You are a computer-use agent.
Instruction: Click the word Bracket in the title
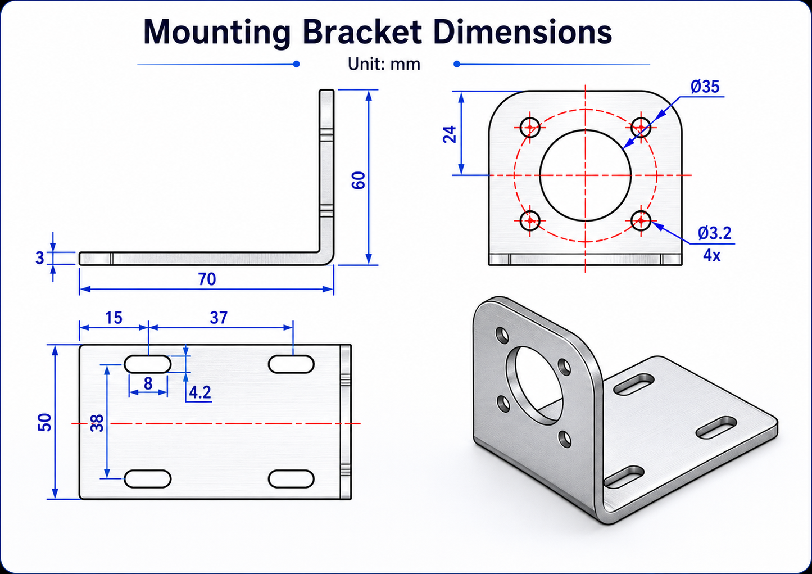tap(362, 32)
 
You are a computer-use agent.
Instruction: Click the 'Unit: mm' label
tap(384, 64)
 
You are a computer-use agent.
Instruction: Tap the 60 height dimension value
tap(359, 180)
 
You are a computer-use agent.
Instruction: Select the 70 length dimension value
tap(207, 279)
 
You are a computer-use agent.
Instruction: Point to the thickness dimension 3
tap(40, 258)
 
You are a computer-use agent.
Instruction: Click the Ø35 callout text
tap(705, 87)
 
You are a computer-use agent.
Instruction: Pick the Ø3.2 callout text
tap(714, 233)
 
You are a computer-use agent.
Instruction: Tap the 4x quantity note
tap(711, 256)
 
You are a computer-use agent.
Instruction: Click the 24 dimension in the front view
tap(450, 134)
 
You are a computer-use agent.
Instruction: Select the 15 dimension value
tap(114, 318)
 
